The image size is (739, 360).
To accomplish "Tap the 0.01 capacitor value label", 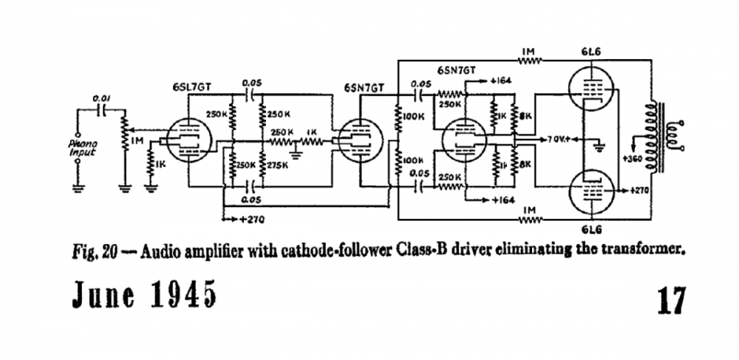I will tap(101, 96).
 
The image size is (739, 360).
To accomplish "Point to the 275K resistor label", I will tap(276, 163).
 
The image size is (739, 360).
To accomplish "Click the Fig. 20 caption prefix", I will tap(93, 250).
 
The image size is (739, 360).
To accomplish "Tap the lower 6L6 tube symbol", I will tap(590, 189).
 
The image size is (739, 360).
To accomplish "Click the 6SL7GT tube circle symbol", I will tap(188, 138).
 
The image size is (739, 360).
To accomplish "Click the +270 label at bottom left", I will tap(247, 220).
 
